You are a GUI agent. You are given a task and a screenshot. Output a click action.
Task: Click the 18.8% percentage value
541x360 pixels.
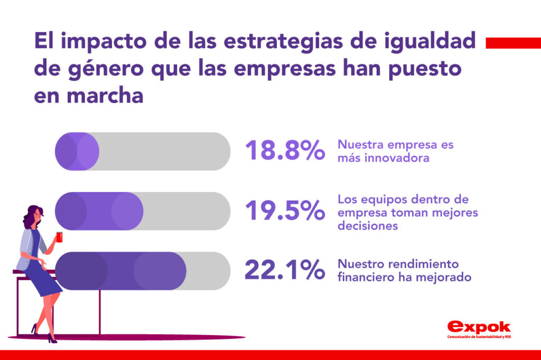tap(284, 151)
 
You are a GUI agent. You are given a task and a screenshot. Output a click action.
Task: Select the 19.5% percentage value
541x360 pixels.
tap(284, 211)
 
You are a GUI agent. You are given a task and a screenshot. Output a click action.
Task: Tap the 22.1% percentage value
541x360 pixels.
tap(284, 271)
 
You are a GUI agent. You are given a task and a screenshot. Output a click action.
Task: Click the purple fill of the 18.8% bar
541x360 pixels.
tap(77, 151)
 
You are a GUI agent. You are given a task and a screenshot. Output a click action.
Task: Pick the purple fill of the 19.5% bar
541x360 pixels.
tap(99, 211)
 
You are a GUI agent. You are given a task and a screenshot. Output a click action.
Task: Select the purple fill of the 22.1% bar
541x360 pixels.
tap(120, 271)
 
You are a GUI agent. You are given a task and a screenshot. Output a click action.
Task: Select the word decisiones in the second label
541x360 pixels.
tap(368, 225)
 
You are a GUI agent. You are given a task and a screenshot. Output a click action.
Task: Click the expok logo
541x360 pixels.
tap(479, 327)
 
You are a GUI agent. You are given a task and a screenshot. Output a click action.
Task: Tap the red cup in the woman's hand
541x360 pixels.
tap(59, 238)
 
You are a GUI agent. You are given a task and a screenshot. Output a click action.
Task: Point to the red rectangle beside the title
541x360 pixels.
tap(512, 43)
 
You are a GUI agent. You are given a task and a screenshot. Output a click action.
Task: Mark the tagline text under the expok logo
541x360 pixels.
tap(479, 337)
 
